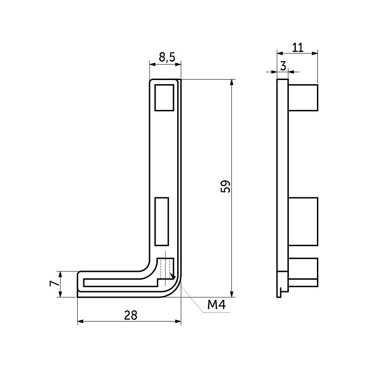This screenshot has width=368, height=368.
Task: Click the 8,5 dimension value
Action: coord(166,57)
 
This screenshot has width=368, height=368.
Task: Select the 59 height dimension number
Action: coord(225,186)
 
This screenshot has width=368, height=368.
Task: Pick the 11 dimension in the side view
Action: coord(298,46)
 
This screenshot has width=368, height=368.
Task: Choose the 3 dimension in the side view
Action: coord(283,66)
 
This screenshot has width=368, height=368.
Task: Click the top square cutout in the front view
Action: coord(164,98)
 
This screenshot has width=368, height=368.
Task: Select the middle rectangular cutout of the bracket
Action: coord(162,221)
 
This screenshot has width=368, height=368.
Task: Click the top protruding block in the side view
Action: coord(303,97)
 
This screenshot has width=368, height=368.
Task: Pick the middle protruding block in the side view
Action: coord(303,221)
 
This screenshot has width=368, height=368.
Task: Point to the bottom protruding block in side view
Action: coord(303,269)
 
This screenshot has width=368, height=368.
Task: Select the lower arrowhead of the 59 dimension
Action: coord(231,294)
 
